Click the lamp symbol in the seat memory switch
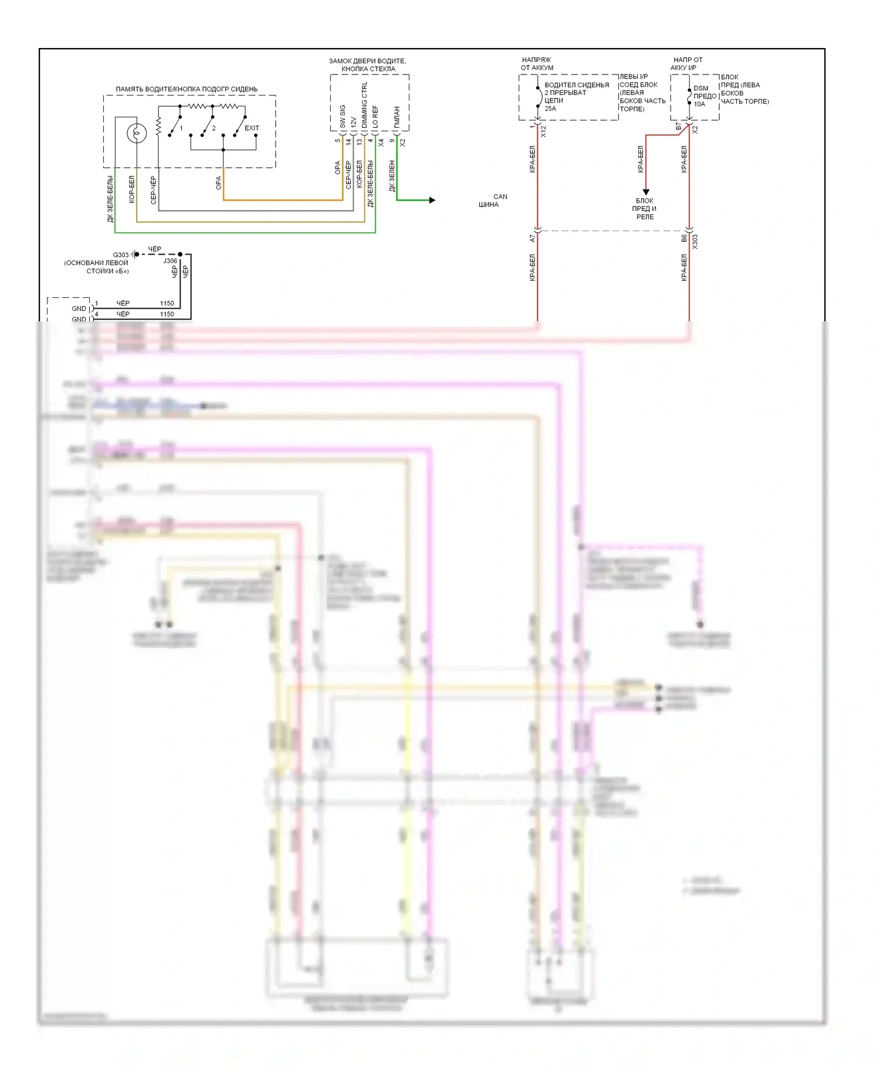pyautogui.click(x=137, y=134)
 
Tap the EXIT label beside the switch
pyautogui.click(x=252, y=128)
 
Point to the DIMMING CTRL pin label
pyautogui.click(x=364, y=106)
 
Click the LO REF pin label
pyautogui.click(x=375, y=116)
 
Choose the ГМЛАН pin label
pyautogui.click(x=397, y=117)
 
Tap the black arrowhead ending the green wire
pyautogui.click(x=432, y=200)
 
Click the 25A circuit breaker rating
pyautogui.click(x=550, y=108)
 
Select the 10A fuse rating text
pyautogui.click(x=699, y=104)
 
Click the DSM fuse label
pyautogui.click(x=700, y=89)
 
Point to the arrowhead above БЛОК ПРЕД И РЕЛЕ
pyautogui.click(x=646, y=192)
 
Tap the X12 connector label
pyautogui.click(x=543, y=131)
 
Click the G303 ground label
pyautogui.click(x=121, y=255)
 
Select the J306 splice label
pyautogui.click(x=170, y=261)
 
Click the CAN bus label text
pyautogui.click(x=500, y=196)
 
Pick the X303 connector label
pyautogui.click(x=695, y=242)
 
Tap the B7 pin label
pyautogui.click(x=679, y=127)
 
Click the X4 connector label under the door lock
pyautogui.click(x=381, y=142)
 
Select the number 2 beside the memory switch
pyautogui.click(x=214, y=128)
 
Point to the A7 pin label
pyautogui.click(x=533, y=239)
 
